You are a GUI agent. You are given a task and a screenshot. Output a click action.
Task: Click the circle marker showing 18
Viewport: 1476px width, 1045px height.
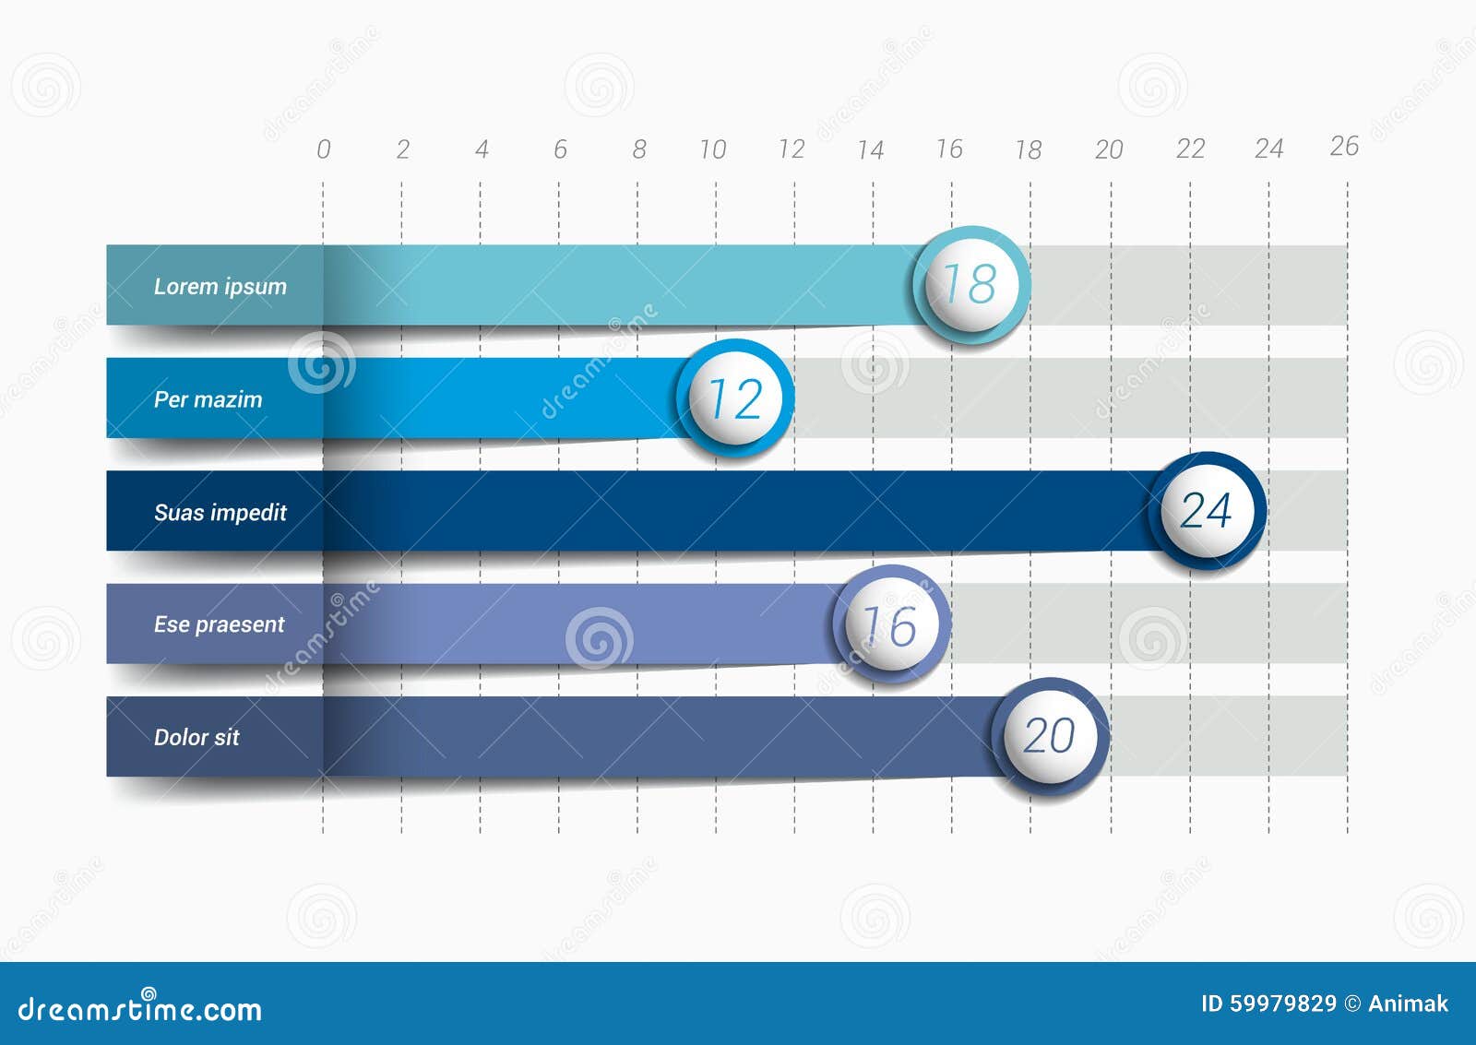point(971,284)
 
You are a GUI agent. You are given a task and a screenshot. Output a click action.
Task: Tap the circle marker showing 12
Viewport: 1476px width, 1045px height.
point(735,398)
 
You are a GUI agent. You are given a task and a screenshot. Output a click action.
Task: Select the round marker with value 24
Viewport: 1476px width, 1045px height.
point(1207,510)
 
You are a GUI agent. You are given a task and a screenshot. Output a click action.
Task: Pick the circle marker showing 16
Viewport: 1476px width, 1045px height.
point(891,624)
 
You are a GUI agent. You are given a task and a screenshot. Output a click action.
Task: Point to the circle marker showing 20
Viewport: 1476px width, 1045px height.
point(1050,737)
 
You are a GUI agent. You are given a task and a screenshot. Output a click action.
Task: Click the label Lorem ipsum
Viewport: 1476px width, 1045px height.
point(220,286)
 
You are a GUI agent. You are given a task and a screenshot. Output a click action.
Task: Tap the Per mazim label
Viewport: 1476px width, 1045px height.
point(208,399)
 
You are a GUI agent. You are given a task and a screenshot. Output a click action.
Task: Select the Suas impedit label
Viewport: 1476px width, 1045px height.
point(220,512)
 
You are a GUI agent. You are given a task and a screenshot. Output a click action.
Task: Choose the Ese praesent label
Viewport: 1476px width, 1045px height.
point(219,624)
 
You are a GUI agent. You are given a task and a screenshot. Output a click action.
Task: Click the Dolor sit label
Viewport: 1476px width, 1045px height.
point(196,737)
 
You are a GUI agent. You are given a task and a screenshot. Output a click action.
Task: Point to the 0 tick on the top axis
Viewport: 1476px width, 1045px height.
point(323,149)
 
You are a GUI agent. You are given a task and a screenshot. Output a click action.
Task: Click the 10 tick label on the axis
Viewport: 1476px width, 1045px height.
point(712,149)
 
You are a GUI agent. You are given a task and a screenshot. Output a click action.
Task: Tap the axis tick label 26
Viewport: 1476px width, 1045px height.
point(1344,146)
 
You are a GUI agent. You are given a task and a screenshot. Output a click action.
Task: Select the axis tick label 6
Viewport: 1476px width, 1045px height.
point(560,149)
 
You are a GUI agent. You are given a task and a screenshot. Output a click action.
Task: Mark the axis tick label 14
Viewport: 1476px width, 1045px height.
point(870,149)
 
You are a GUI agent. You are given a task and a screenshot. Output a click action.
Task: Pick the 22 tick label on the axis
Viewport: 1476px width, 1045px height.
point(1190,148)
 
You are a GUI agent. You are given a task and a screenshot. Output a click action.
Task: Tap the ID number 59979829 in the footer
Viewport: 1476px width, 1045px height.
point(1282,1003)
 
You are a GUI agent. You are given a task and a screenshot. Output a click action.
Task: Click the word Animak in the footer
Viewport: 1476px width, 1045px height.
point(1408,1003)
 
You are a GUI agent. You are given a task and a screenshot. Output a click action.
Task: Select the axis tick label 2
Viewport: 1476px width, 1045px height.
point(402,149)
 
